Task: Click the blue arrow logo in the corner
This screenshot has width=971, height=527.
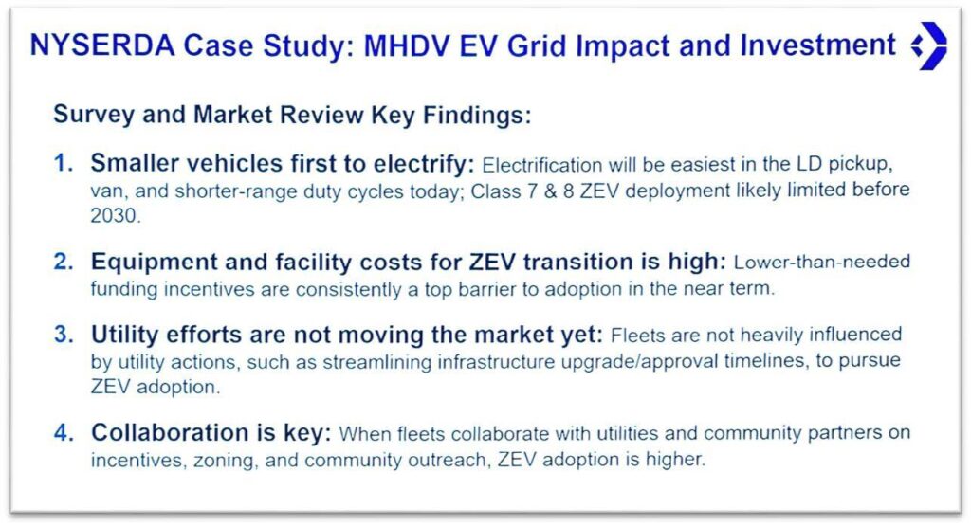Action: point(929,45)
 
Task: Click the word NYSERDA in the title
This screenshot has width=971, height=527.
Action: point(102,45)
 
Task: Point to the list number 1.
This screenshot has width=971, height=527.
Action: point(64,163)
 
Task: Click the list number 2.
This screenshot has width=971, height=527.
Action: point(64,262)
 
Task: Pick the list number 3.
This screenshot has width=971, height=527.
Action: point(64,335)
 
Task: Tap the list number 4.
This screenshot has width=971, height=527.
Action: point(64,432)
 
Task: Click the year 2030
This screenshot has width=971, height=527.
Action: point(115,215)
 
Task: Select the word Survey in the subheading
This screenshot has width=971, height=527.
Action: point(94,116)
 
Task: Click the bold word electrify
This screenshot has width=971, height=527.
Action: point(424,164)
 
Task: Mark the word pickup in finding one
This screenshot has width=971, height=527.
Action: point(860,165)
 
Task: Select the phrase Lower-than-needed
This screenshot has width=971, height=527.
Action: point(822,262)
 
